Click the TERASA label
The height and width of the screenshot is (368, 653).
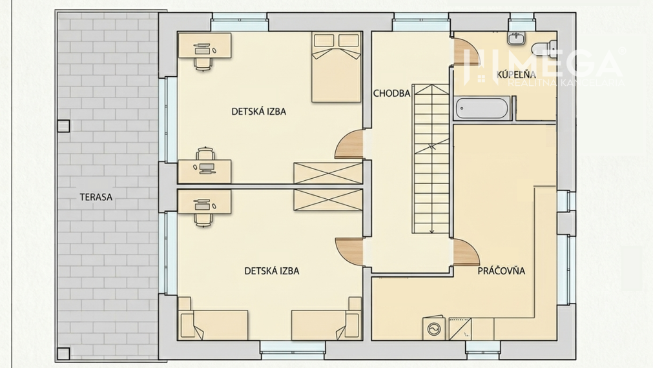(96, 198)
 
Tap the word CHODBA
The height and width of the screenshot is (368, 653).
(391, 93)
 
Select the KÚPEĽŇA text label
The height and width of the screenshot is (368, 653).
(516, 76)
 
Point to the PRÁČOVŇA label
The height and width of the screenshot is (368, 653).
(501, 271)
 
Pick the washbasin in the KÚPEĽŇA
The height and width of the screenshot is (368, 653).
(517, 38)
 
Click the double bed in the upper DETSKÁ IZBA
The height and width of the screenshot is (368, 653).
(336, 67)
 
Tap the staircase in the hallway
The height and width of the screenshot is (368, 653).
(431, 158)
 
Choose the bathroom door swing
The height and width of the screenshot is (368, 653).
(468, 54)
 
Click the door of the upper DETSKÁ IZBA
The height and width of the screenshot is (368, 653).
(351, 145)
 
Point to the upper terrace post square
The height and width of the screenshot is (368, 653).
(63, 127)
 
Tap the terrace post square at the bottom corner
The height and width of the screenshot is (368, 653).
(63, 353)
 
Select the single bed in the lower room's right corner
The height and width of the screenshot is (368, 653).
(326, 323)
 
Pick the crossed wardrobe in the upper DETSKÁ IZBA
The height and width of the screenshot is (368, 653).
(327, 173)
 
